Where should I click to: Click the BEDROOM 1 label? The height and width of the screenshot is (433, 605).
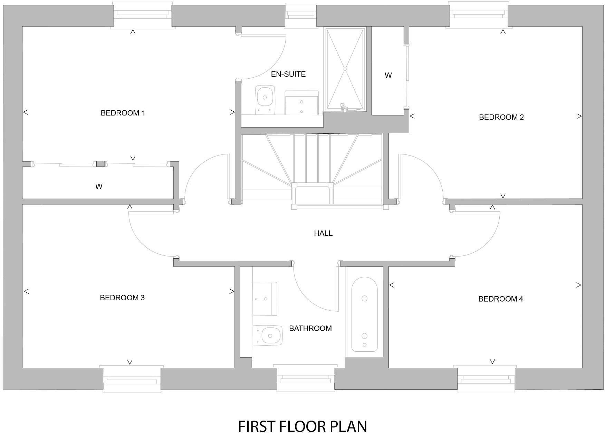click(123, 113)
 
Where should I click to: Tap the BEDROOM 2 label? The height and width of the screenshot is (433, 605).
click(501, 117)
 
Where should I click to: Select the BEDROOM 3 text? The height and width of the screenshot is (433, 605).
click(122, 298)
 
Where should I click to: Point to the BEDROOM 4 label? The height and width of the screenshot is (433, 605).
click(500, 299)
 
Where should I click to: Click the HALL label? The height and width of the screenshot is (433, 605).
click(323, 233)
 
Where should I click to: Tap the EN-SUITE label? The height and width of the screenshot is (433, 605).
click(288, 74)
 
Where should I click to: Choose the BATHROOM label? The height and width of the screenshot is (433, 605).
click(310, 329)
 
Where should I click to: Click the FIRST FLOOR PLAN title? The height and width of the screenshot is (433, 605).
click(302, 426)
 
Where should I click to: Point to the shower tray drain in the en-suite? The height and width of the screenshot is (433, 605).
click(345, 69)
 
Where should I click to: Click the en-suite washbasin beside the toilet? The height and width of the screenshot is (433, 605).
click(301, 103)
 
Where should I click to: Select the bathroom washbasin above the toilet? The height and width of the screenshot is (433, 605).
click(264, 299)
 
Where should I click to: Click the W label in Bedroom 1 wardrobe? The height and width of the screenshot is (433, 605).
click(99, 187)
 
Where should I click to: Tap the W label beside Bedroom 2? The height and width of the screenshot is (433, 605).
click(388, 75)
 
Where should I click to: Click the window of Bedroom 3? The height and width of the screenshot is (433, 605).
click(132, 380)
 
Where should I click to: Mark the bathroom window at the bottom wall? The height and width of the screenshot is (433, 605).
click(306, 379)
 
